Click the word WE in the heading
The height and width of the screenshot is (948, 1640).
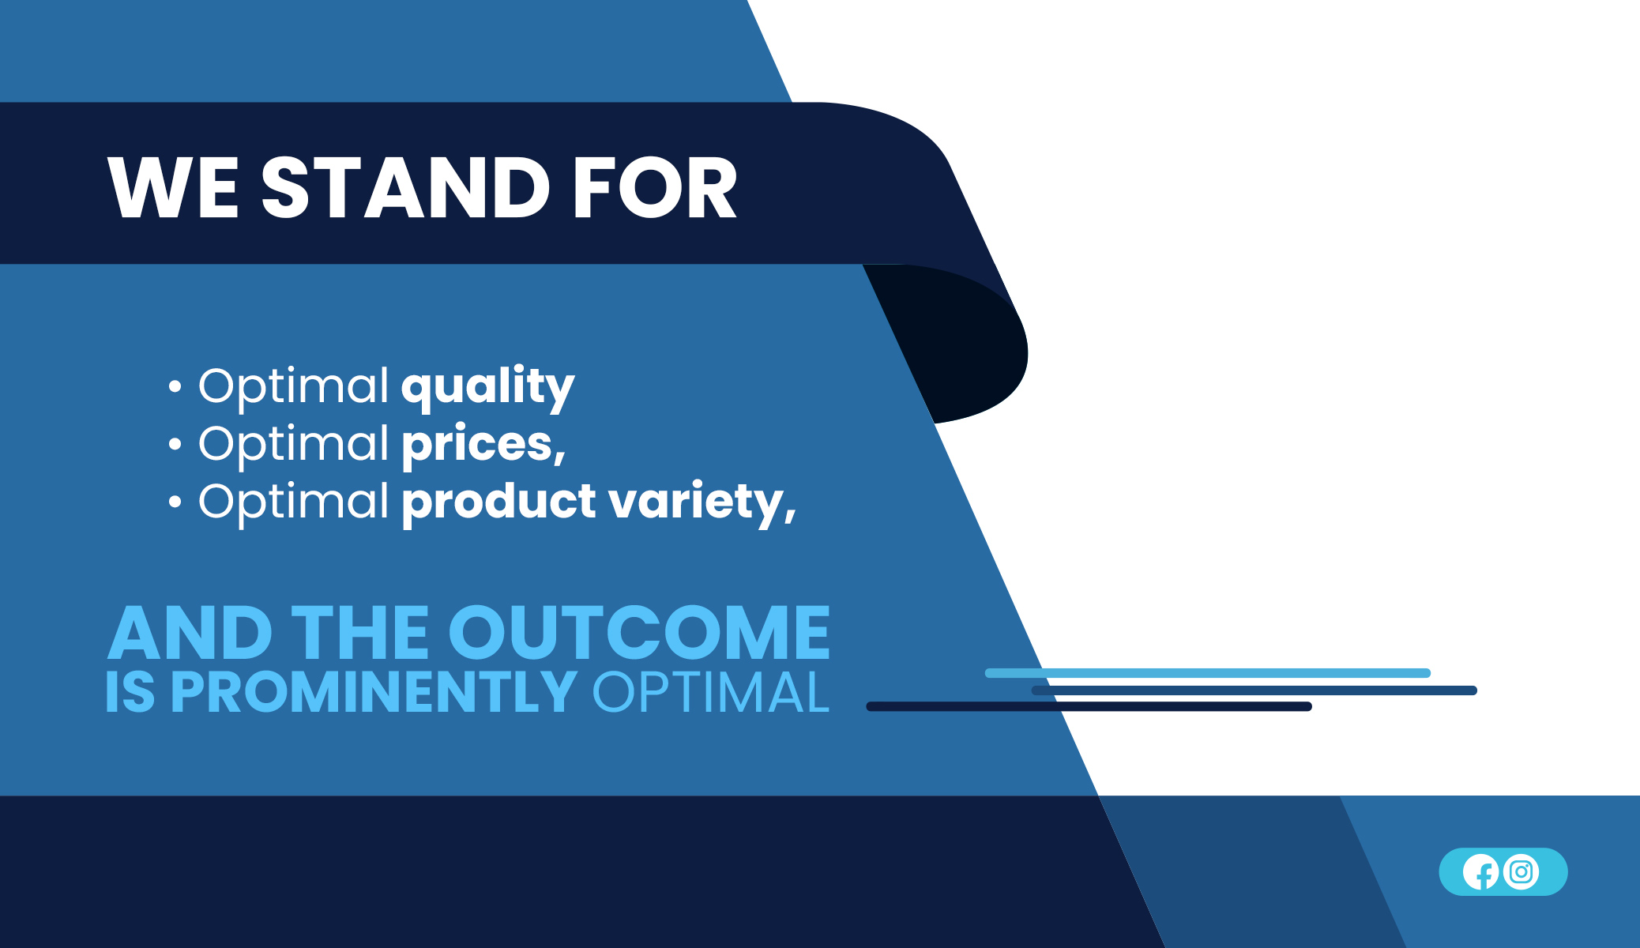coord(173,187)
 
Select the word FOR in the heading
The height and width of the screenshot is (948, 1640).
coord(655,187)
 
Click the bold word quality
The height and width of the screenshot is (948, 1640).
coord(488,387)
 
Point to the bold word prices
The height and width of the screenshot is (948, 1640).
coord(483,444)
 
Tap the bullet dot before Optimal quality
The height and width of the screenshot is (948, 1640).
coord(175,387)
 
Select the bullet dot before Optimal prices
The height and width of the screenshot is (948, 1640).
coord(175,445)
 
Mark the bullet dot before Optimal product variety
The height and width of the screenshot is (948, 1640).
coord(175,502)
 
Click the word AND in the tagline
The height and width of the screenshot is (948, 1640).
coord(190,632)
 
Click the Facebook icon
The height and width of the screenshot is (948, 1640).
coord(1480,872)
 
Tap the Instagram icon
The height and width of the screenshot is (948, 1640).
coord(1522,872)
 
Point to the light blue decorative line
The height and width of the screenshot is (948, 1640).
coord(1208,673)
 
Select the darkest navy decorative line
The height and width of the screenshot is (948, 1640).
coord(1089,706)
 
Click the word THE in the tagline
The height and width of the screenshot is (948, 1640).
coord(360,632)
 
